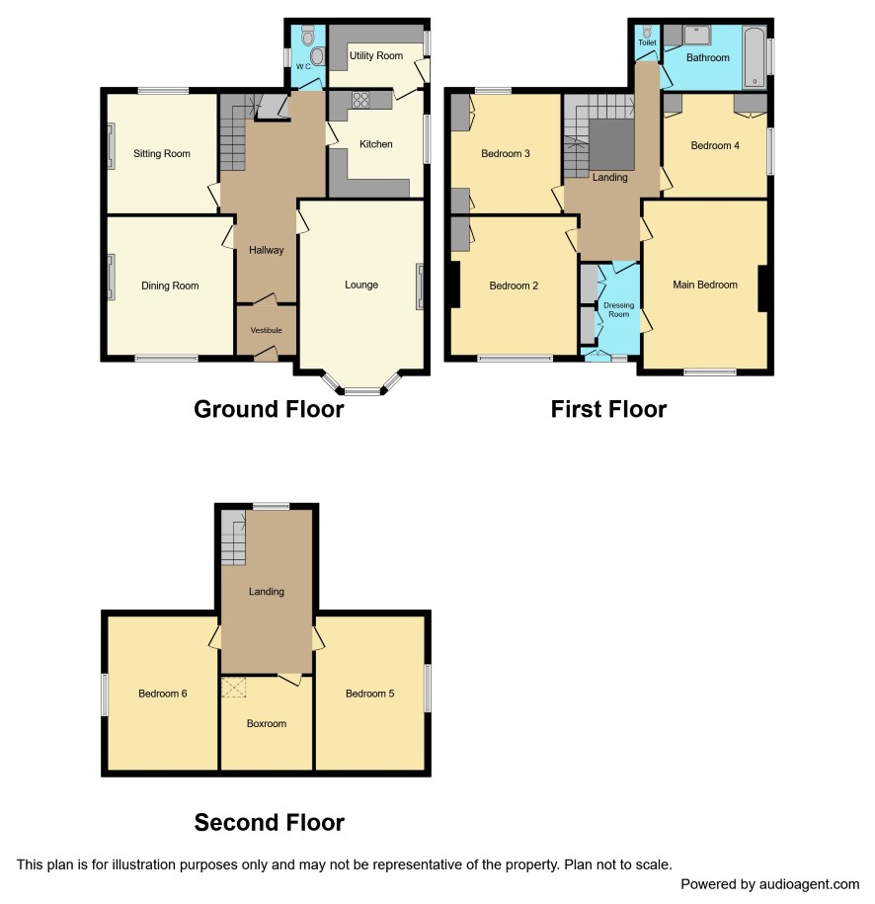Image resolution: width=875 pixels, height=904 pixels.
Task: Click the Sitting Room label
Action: pos(161,153)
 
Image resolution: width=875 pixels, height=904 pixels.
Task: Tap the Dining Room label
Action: pos(170,286)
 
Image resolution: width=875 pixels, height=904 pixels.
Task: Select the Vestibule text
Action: pos(267,330)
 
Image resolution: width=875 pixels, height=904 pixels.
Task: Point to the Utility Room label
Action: pos(376,55)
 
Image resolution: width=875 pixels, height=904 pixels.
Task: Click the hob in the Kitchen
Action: pos(360,99)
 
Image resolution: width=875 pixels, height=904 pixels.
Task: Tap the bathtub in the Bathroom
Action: pos(755,56)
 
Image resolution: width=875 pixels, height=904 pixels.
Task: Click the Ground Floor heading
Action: pos(269,409)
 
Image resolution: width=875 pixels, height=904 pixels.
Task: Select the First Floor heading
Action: pos(608,409)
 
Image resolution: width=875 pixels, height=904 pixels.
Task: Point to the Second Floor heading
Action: pos(270,822)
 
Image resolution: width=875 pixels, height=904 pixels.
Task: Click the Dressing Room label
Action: pos(618,309)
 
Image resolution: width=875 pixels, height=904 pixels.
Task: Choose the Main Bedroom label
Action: pos(705,285)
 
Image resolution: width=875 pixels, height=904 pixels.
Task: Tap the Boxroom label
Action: pos(267,723)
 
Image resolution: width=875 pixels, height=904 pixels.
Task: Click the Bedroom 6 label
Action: pos(163,694)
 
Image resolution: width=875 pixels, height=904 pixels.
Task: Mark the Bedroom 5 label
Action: pos(369,694)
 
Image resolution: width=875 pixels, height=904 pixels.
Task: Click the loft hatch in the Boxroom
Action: pos(234,688)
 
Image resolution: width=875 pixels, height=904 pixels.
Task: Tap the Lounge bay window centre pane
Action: pos(362,391)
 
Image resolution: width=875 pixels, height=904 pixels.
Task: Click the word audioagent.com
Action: pos(809,884)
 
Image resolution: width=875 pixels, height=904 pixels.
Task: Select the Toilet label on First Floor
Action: pos(647,42)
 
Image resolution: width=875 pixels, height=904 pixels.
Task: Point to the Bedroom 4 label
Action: pos(715,145)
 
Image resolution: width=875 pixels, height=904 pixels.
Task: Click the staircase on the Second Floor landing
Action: pos(234,537)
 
